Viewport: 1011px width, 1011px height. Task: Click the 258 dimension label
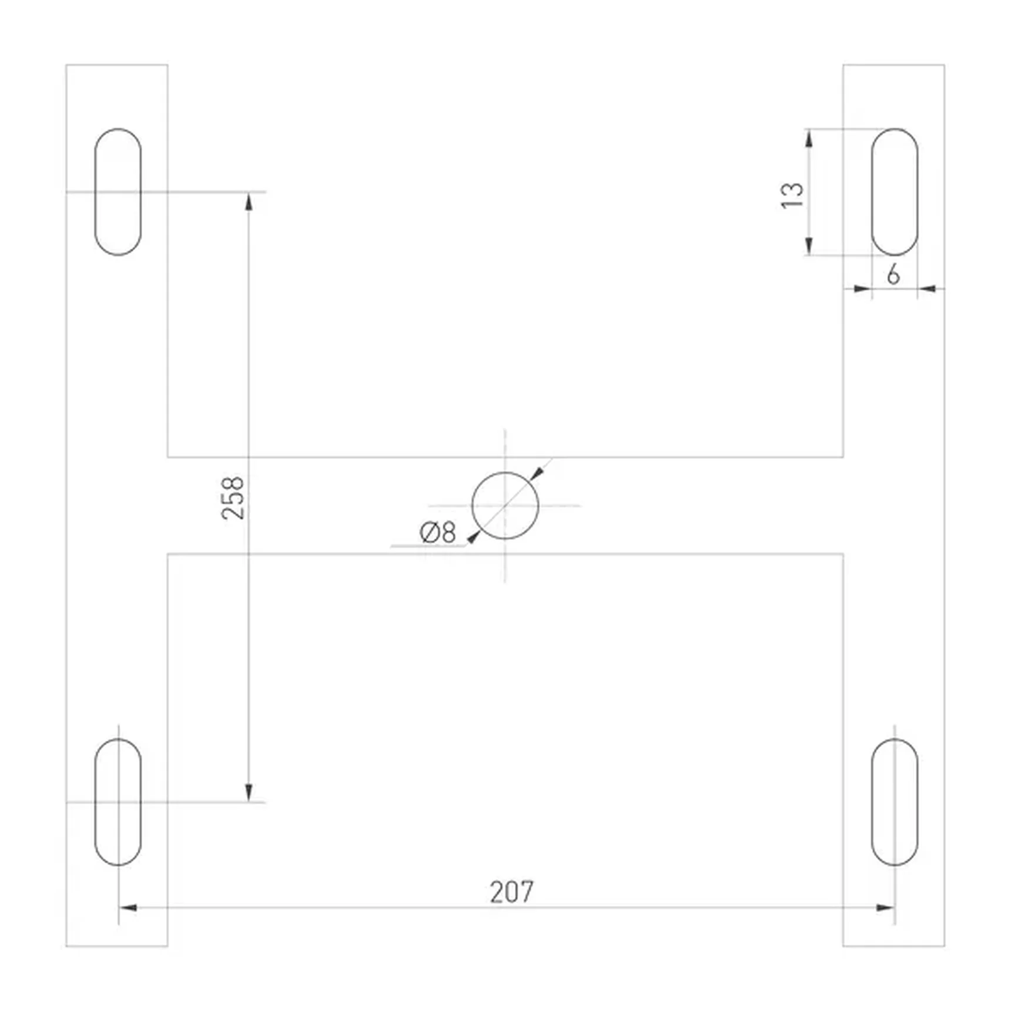(x=233, y=498)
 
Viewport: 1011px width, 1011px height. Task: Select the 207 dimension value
(x=512, y=892)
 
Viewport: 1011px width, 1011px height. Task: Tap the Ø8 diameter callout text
(x=438, y=533)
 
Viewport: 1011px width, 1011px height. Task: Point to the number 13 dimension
(x=792, y=195)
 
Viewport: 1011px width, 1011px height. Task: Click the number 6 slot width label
(x=893, y=274)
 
